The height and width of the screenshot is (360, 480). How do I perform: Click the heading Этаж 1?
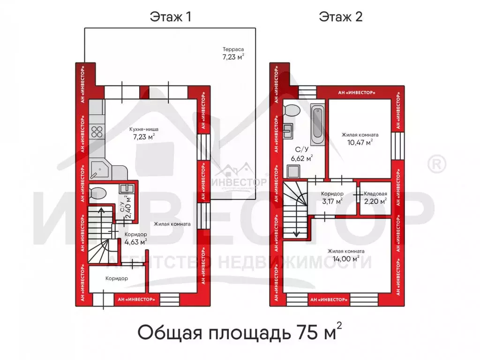click(170, 17)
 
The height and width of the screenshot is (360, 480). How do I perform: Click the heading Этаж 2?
click(341, 17)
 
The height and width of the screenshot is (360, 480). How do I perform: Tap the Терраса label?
click(233, 49)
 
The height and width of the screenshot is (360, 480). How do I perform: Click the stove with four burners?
click(97, 131)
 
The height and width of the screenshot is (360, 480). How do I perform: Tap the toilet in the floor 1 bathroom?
click(98, 193)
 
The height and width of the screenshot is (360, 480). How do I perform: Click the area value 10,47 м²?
click(360, 142)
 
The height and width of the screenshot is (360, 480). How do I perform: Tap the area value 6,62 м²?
click(302, 158)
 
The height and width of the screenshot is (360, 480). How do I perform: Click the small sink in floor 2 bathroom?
click(288, 129)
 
